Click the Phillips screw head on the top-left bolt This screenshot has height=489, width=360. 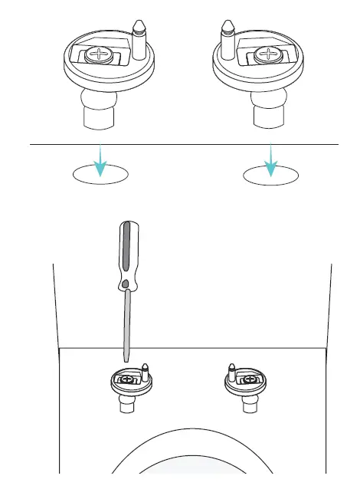(x=100, y=54)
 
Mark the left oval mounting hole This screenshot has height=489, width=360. (x=100, y=175)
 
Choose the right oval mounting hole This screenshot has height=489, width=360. (x=270, y=175)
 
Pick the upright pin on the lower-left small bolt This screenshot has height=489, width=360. (x=146, y=374)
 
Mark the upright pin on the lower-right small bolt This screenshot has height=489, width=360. (x=232, y=374)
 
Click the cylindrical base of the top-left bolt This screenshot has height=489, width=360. (x=97, y=120)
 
